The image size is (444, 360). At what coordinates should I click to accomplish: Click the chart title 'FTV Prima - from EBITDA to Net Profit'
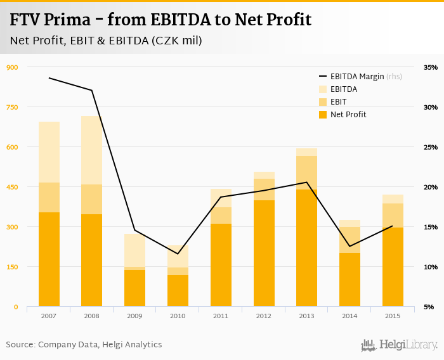click(x=160, y=20)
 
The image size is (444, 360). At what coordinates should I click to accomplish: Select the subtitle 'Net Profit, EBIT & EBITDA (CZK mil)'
click(x=106, y=41)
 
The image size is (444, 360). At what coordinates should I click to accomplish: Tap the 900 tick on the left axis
click(x=12, y=67)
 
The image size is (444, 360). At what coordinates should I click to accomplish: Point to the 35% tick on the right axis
click(x=430, y=67)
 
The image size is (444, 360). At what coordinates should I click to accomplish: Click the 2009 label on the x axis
click(x=134, y=315)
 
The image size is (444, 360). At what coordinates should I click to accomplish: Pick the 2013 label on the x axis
click(x=306, y=315)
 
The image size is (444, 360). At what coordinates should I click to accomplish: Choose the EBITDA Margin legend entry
click(x=357, y=77)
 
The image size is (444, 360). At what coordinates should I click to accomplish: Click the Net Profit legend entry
click(x=348, y=115)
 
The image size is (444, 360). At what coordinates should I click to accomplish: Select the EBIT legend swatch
click(x=322, y=102)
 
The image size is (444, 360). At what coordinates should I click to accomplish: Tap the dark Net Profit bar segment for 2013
click(x=306, y=247)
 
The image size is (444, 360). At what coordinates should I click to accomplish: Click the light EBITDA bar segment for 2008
click(x=92, y=150)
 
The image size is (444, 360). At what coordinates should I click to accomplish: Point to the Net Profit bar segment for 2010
click(x=178, y=291)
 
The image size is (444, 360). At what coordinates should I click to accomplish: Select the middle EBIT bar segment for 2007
click(x=49, y=197)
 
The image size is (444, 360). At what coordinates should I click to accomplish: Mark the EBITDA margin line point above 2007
click(x=49, y=78)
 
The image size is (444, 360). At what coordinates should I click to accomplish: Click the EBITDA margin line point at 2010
click(x=178, y=254)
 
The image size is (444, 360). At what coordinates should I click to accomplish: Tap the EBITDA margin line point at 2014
click(x=349, y=246)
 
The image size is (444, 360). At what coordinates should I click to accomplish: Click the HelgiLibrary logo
click(x=400, y=345)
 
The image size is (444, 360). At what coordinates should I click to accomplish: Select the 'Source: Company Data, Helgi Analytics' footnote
click(x=84, y=345)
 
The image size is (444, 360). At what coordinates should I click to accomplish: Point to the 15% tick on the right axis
click(x=430, y=227)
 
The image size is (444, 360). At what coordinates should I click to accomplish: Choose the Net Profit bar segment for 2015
click(x=392, y=267)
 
